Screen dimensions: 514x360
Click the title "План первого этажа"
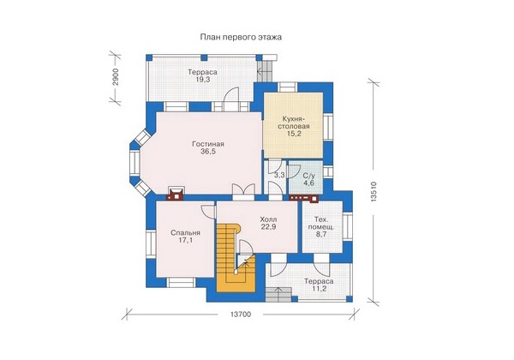(241, 37)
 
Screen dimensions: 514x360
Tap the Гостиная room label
(208, 144)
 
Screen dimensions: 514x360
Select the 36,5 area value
(208, 152)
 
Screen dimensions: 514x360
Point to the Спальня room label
(185, 233)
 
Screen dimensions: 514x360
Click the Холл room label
(268, 219)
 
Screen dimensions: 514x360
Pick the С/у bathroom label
(309, 176)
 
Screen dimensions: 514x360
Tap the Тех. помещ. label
(320, 223)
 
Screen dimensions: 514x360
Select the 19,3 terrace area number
(203, 80)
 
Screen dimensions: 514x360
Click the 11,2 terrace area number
(319, 289)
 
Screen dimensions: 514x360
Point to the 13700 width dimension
(241, 315)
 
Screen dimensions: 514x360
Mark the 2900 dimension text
(115, 77)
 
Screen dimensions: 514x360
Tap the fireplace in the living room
(176, 194)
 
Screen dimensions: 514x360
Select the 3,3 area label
(279, 176)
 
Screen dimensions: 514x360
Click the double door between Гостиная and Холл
(243, 192)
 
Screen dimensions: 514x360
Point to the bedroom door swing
(208, 212)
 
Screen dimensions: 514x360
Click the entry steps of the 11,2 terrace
(278, 294)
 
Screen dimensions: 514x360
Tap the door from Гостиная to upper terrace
(231, 99)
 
